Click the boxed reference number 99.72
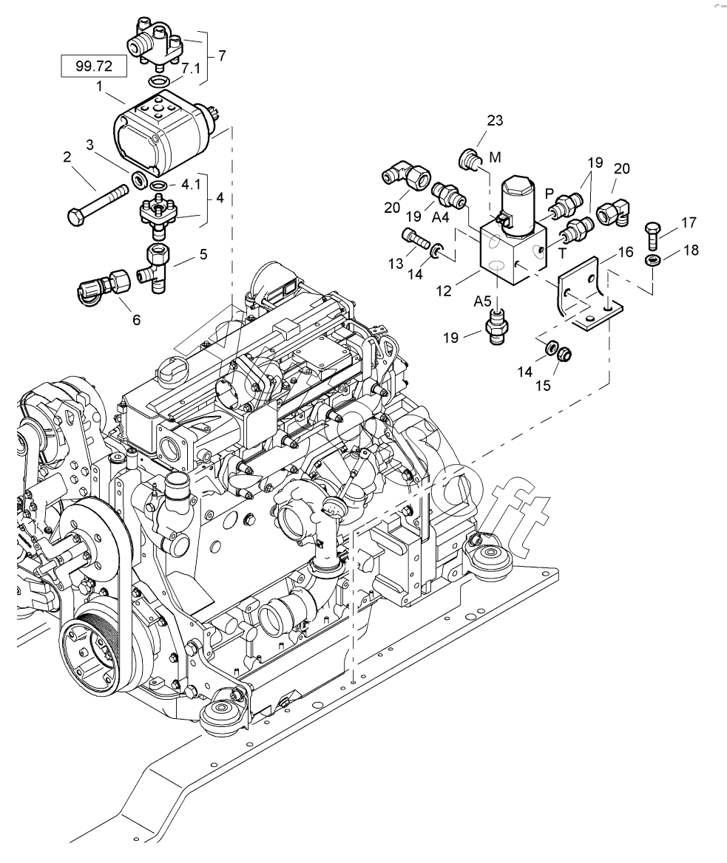93,66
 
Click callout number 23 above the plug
494,120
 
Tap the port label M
494,157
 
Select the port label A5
483,301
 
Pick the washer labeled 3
138,180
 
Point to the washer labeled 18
652,261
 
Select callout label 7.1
191,68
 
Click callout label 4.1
191,185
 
